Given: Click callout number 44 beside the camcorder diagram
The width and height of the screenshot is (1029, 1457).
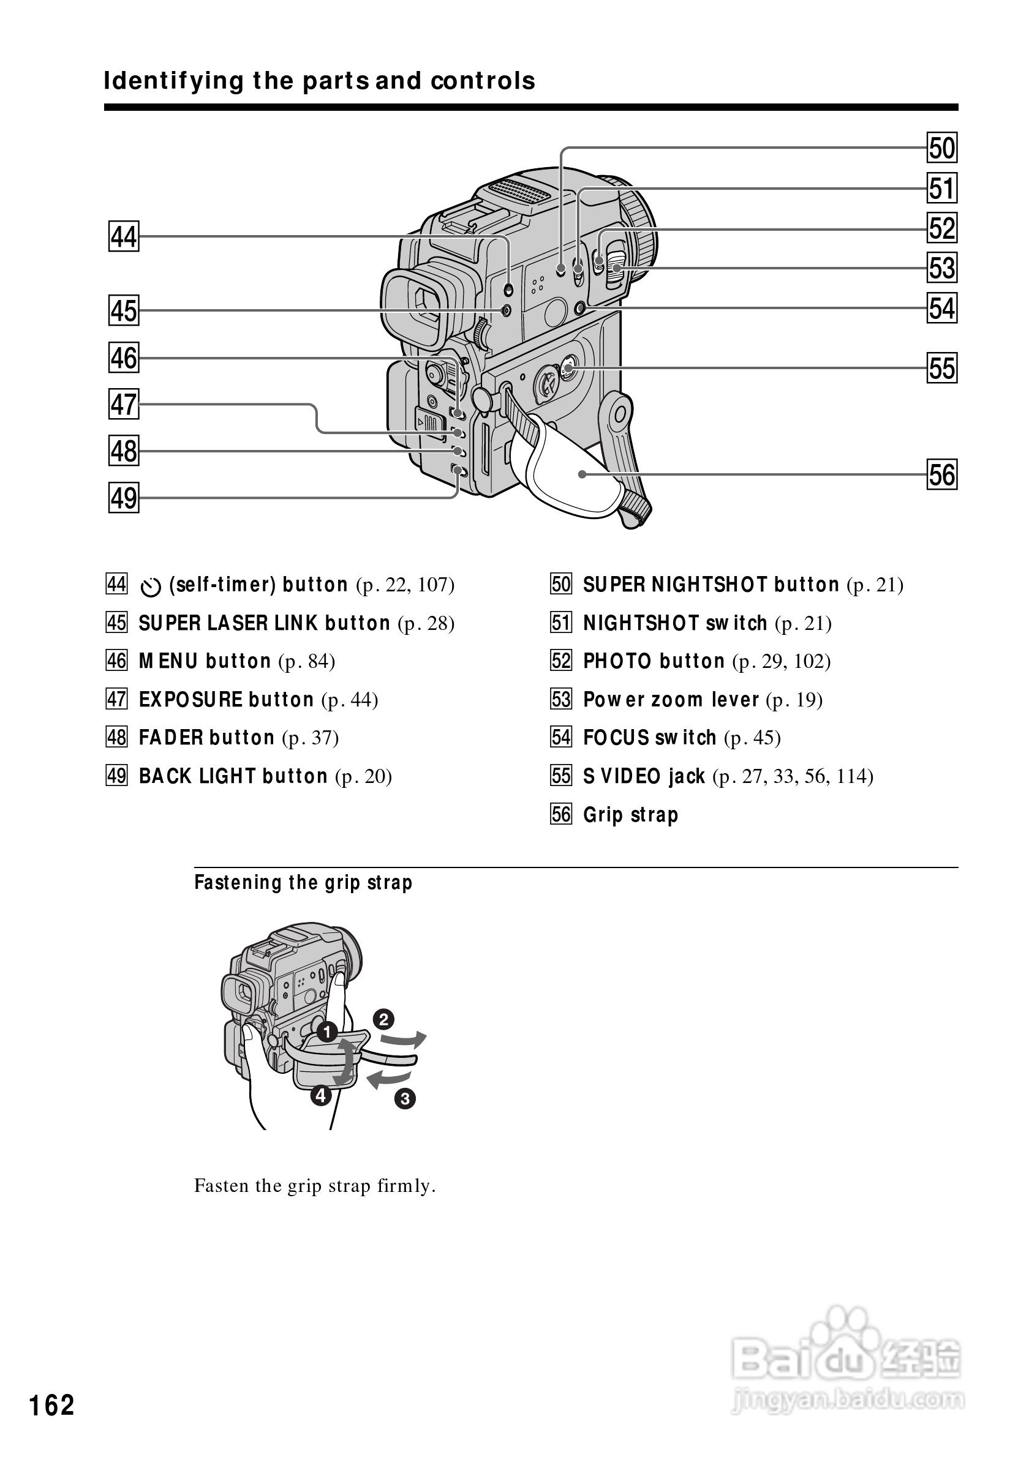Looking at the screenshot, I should (x=124, y=237).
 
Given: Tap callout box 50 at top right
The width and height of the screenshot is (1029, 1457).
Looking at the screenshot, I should (x=942, y=148).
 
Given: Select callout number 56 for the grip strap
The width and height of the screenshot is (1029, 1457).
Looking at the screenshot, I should (x=942, y=474).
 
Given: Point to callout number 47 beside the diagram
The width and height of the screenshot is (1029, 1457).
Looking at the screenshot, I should (x=124, y=404).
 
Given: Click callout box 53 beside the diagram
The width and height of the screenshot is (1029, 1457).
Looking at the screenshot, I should (x=942, y=268).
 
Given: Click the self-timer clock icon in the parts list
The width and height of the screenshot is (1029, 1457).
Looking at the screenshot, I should (x=151, y=588).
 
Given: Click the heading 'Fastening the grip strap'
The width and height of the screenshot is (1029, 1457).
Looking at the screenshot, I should (x=303, y=883).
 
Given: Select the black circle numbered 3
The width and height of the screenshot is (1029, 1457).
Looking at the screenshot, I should (x=405, y=1098).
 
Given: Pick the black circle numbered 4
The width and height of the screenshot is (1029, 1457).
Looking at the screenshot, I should (x=321, y=1095).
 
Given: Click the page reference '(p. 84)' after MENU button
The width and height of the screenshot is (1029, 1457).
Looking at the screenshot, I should (x=307, y=661).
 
